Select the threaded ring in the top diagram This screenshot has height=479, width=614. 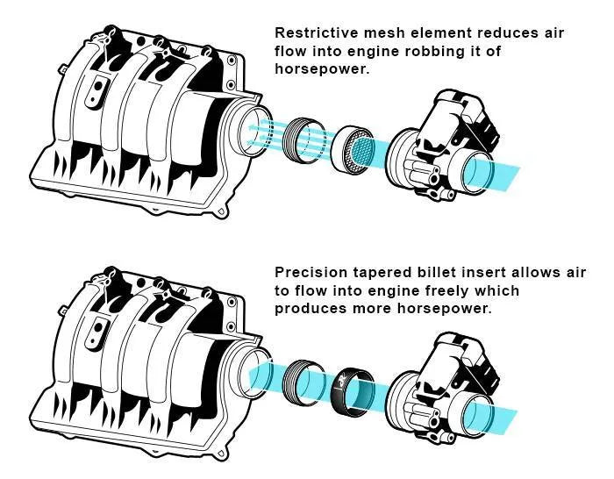pos(306,138)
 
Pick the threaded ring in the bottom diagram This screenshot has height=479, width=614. pos(308,383)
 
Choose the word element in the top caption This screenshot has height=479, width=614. pos(426,32)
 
